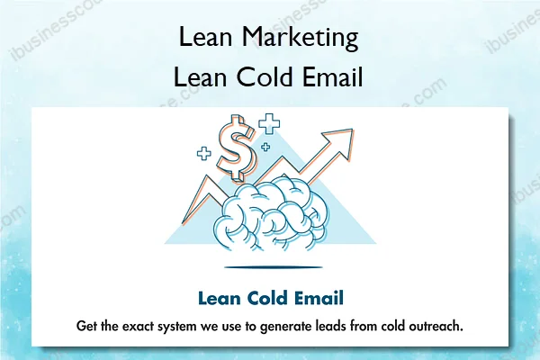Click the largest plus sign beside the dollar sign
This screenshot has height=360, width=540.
[268, 124]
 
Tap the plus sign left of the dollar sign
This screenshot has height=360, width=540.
[204, 154]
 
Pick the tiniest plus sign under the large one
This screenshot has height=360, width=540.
[265, 147]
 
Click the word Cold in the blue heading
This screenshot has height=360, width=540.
[265, 298]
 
